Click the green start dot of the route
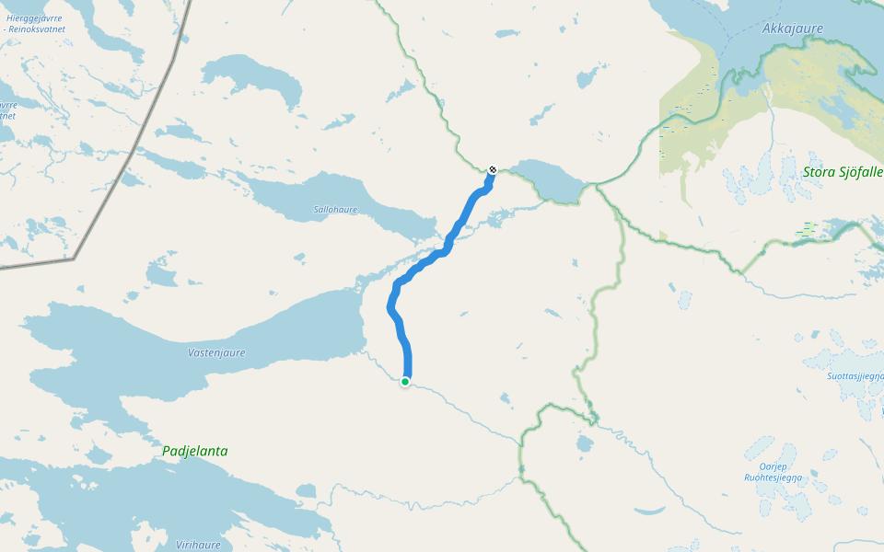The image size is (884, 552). click(x=405, y=382)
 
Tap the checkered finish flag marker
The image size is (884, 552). click(x=493, y=169)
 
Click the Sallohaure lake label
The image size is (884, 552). click(x=335, y=210)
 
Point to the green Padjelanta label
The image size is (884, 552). click(x=194, y=452)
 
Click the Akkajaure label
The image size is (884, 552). click(x=792, y=29)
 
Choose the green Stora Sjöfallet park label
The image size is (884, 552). click(x=842, y=172)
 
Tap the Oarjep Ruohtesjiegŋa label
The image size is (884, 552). click(x=773, y=472)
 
